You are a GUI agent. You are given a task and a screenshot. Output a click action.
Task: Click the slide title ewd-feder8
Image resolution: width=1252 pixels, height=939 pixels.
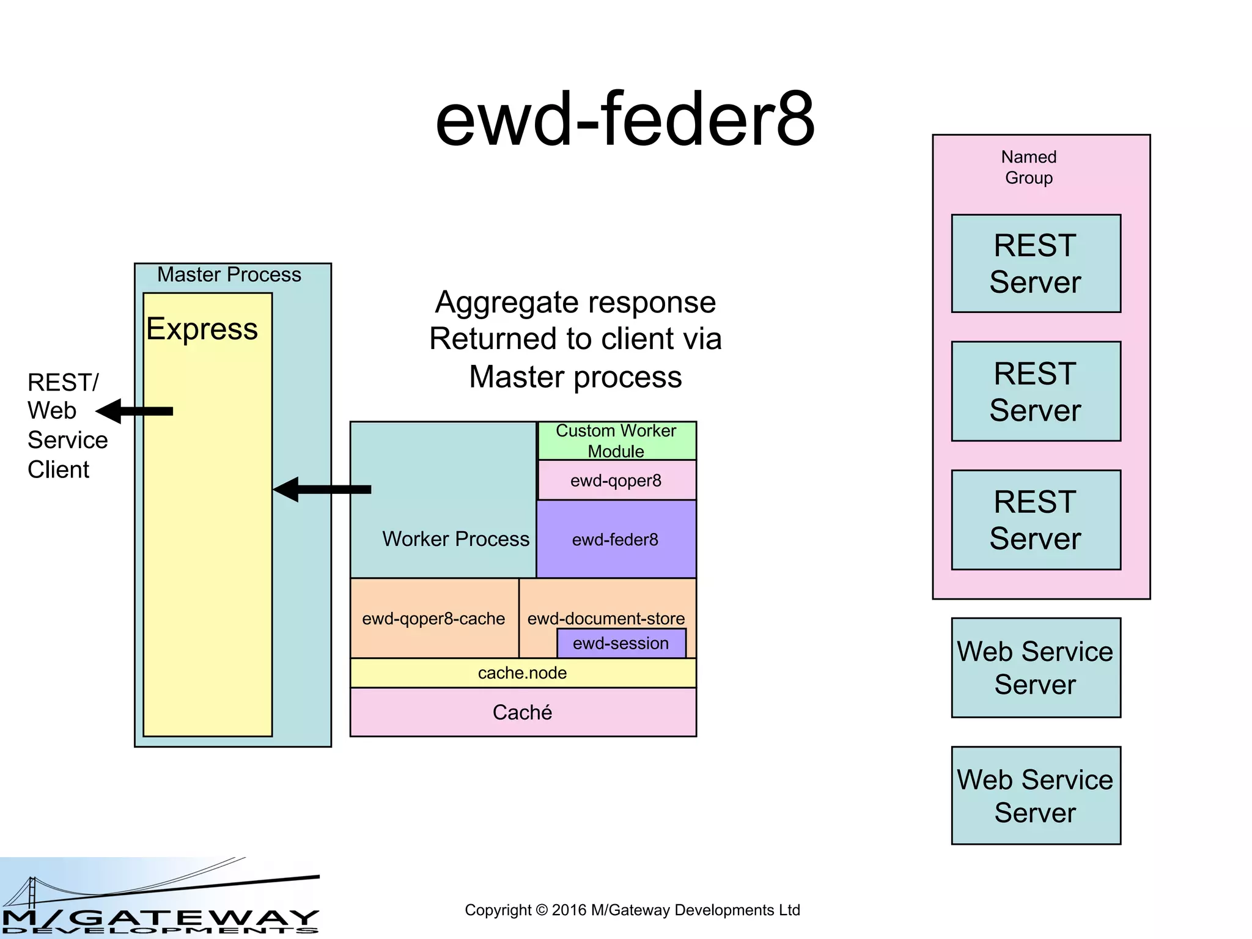click(x=625, y=119)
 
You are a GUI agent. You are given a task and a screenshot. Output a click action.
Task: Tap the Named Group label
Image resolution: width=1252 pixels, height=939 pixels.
click(x=1029, y=168)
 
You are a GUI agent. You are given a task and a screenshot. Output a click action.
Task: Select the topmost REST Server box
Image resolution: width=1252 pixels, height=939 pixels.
click(x=1036, y=263)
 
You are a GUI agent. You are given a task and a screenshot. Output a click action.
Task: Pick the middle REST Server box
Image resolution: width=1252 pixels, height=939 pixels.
click(x=1036, y=391)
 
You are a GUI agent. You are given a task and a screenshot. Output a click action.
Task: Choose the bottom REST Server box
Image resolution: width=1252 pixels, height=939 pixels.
click(x=1036, y=520)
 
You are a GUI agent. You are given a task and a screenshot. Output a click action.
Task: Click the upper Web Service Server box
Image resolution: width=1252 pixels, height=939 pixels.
click(x=1036, y=668)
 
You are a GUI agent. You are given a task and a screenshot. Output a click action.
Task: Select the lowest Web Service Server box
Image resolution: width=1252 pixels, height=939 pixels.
click(x=1036, y=795)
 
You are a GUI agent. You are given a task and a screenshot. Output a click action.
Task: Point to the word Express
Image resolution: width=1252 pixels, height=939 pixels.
click(x=202, y=329)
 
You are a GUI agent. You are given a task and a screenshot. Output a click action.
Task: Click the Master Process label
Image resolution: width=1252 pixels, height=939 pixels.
click(x=229, y=274)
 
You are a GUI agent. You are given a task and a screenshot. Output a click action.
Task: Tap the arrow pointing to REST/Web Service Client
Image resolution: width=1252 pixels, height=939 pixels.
click(x=135, y=411)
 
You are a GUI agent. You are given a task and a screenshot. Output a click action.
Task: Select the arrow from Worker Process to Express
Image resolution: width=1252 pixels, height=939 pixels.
click(x=322, y=489)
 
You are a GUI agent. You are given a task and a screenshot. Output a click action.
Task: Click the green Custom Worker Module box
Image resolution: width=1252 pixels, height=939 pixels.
click(x=616, y=441)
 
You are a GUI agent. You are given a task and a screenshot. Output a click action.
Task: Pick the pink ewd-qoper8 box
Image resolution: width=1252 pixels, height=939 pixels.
click(x=616, y=481)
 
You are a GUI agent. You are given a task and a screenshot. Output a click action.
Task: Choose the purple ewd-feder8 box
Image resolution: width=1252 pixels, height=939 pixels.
click(x=616, y=539)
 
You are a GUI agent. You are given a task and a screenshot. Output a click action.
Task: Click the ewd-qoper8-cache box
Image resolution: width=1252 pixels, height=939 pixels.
click(x=433, y=619)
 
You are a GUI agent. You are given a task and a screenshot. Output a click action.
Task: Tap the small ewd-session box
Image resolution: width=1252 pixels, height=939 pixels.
click(x=621, y=644)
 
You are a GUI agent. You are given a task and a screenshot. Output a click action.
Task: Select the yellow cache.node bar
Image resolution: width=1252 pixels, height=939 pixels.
click(x=523, y=673)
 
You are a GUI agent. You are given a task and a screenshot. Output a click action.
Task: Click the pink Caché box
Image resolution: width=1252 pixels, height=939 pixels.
click(x=523, y=712)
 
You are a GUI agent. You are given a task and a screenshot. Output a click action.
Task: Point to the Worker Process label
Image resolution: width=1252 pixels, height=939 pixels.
click(x=455, y=539)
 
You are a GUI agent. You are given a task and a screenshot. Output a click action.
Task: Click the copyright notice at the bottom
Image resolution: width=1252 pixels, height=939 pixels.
click(x=632, y=910)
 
